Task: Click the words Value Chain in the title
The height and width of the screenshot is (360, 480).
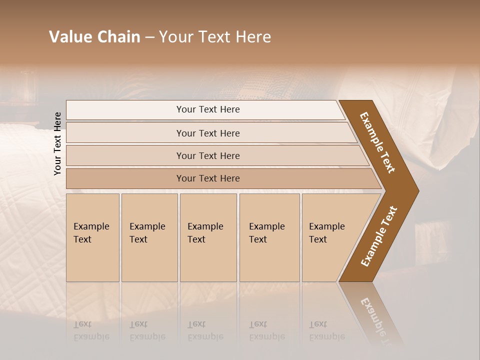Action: [94, 37]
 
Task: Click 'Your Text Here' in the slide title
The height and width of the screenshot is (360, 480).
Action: [215, 37]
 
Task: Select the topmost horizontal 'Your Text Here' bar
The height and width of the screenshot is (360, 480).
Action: [207, 109]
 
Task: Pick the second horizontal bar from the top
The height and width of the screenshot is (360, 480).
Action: [207, 133]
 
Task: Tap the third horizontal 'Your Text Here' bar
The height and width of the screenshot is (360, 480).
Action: [207, 155]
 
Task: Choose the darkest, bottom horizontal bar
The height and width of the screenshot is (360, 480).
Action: [207, 178]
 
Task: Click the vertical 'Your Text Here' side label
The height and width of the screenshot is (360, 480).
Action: [57, 143]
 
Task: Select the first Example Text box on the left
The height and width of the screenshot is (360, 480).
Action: [92, 237]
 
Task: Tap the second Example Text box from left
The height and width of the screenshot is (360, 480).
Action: [149, 237]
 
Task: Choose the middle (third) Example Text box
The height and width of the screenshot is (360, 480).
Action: [208, 237]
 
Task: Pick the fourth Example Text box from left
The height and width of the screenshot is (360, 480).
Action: [269, 237]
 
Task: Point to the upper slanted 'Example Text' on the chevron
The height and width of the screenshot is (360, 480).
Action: [377, 142]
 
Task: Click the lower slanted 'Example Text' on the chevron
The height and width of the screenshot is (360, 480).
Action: [378, 236]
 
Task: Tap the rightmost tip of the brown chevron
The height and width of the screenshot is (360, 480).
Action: [417, 190]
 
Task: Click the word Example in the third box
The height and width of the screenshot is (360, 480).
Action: [205, 226]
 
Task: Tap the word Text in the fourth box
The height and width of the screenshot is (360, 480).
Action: [258, 239]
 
